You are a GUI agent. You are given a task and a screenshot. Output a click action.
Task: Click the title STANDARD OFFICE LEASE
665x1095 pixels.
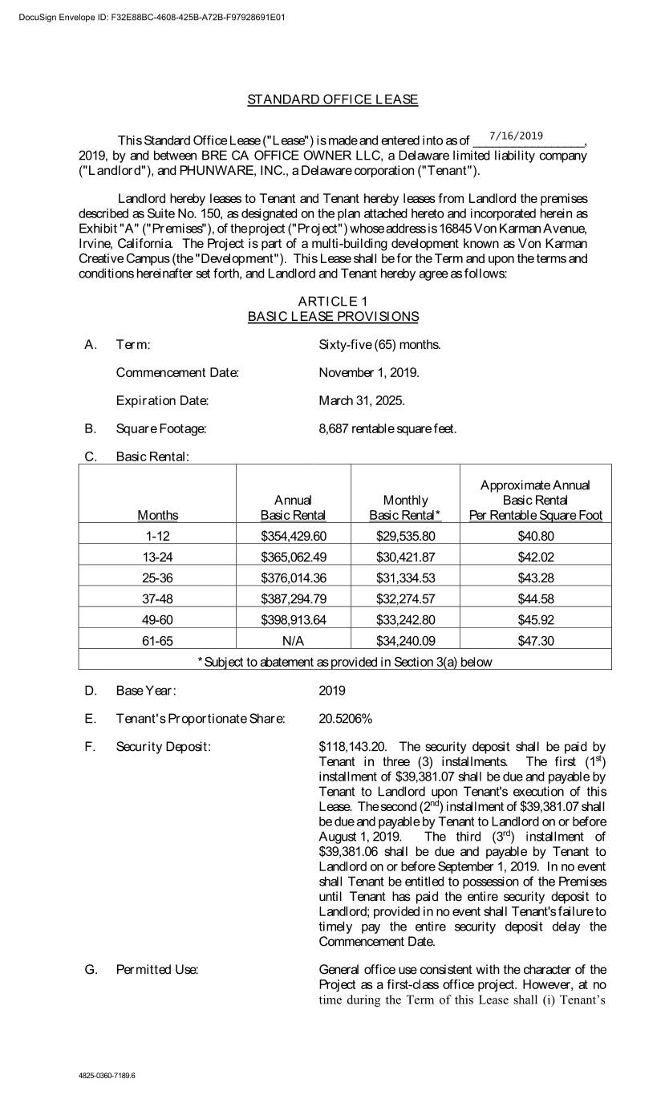tap(332, 99)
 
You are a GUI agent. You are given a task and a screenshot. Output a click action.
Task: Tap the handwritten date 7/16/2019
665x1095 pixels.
tap(516, 136)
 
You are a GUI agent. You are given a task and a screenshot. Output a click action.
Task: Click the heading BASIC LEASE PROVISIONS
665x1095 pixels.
tap(333, 316)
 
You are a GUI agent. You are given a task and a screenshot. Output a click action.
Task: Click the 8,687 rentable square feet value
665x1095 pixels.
tap(387, 428)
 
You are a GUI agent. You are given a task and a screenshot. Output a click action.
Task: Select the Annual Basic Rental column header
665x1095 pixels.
tap(293, 507)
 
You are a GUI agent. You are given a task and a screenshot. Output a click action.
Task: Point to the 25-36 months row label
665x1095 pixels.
tap(157, 578)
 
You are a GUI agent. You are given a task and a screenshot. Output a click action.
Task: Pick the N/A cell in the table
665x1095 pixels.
tap(294, 640)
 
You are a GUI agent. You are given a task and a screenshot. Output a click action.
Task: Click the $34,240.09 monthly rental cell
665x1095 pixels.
tap(405, 640)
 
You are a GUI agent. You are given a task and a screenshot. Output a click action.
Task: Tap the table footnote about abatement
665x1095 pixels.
tap(345, 662)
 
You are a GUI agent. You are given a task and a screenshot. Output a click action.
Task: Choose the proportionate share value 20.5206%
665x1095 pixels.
tap(346, 718)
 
